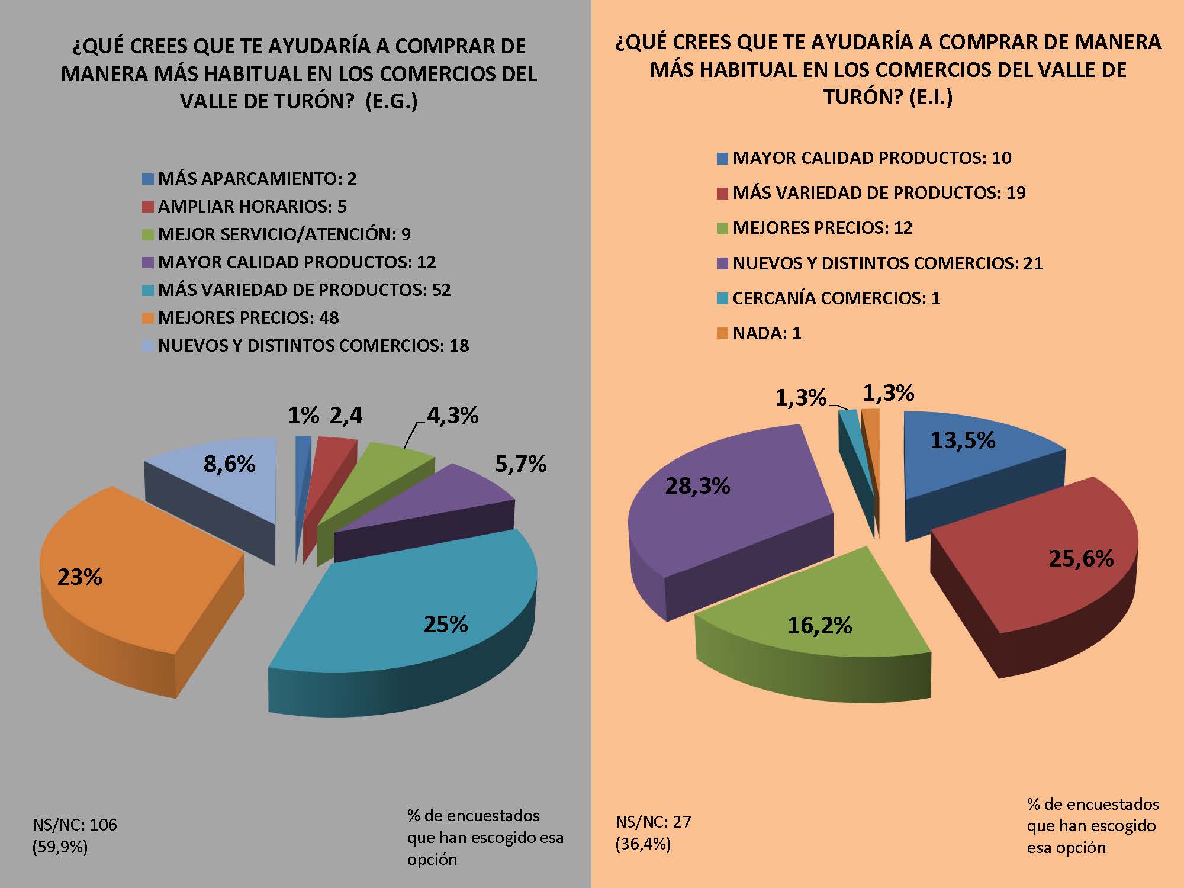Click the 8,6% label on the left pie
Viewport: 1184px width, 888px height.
(230, 464)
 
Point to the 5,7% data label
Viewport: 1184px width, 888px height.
(520, 465)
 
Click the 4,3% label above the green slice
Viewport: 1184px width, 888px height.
(452, 416)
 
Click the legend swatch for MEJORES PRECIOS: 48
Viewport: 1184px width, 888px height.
(148, 318)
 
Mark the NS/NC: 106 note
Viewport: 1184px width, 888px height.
(75, 824)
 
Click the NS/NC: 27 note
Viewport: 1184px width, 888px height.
(653, 822)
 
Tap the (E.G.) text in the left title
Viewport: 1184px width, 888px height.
(391, 101)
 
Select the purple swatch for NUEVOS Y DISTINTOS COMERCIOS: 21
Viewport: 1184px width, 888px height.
(722, 263)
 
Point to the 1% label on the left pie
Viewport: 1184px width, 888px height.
(303, 416)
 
